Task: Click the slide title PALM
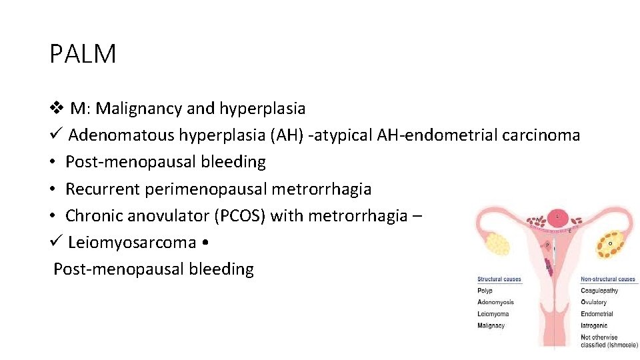(x=83, y=54)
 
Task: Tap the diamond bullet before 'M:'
(x=57, y=108)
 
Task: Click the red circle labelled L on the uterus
(x=557, y=217)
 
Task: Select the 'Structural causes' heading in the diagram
(x=499, y=279)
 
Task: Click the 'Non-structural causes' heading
(x=608, y=279)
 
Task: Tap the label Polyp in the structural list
(x=485, y=291)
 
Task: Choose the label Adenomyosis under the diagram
(x=495, y=302)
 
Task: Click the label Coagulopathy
(x=599, y=291)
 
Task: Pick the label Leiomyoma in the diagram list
(x=493, y=314)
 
